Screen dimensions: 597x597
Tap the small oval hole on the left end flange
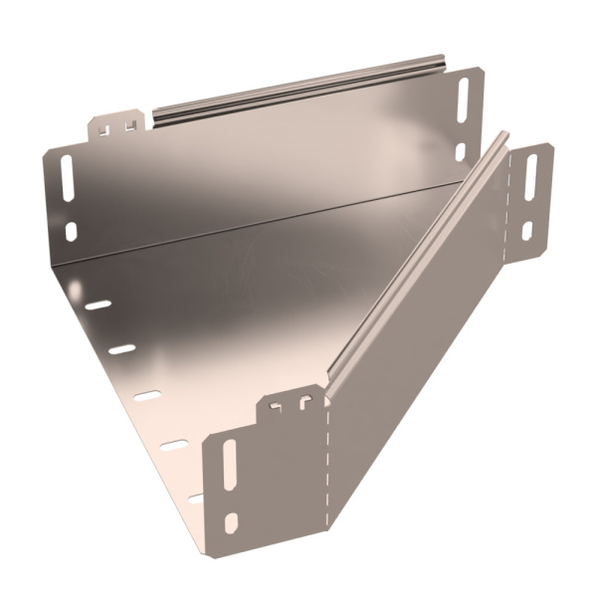pos(71,231)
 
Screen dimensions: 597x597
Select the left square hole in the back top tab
pos(107,126)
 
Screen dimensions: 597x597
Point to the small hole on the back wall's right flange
pos(460,151)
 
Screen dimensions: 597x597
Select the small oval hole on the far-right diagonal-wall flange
pos(527,230)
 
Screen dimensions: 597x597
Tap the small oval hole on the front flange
pos(231,521)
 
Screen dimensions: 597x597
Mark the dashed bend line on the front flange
pos(326,468)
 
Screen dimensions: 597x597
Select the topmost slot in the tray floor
pos(97,304)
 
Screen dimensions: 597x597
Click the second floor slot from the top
pos(121,349)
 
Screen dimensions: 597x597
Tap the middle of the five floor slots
pos(147,396)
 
